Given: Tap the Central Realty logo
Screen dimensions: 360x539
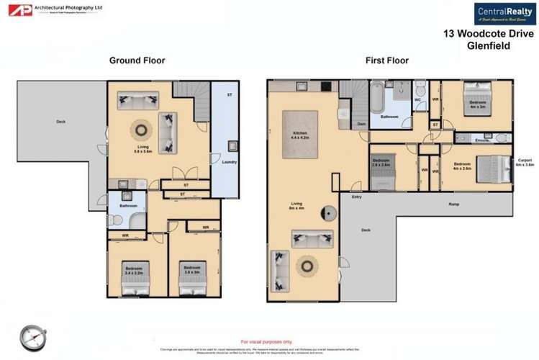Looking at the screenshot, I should click(504, 14).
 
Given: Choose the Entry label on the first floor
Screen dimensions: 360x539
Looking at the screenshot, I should click(356, 197).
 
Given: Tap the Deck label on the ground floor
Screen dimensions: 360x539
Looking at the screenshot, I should click(61, 122).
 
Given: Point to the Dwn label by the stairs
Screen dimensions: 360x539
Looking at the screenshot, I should click(361, 125).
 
